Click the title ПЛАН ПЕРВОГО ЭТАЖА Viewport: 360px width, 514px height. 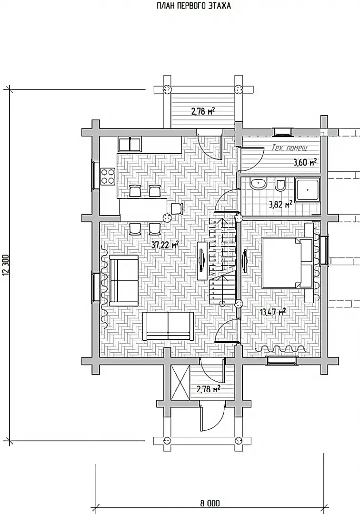[193, 6]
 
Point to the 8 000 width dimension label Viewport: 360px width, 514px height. [210, 503]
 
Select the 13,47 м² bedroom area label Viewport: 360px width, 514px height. [273, 311]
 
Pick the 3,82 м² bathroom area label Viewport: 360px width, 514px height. [280, 205]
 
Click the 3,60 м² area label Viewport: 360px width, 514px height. [305, 162]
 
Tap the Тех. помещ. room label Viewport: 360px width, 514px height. [290, 148]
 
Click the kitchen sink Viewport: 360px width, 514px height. [130, 144]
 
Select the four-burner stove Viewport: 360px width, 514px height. [108, 176]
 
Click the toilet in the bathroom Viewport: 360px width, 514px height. [280, 185]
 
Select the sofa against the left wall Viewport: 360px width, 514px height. [124, 281]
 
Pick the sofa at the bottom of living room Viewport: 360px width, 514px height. [168, 326]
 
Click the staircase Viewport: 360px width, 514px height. [222, 262]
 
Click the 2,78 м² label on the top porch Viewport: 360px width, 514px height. [203, 111]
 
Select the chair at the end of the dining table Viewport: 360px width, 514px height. [177, 208]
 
